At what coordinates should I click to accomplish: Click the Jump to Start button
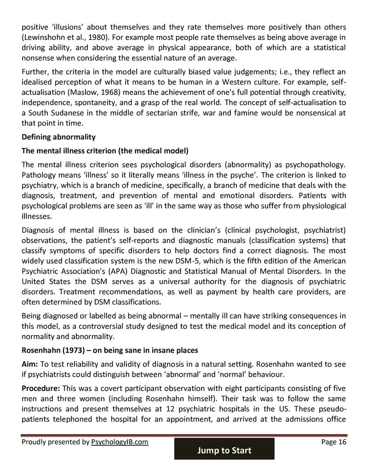coord(224,450)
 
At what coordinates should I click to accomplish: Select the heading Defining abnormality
coord(58,137)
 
